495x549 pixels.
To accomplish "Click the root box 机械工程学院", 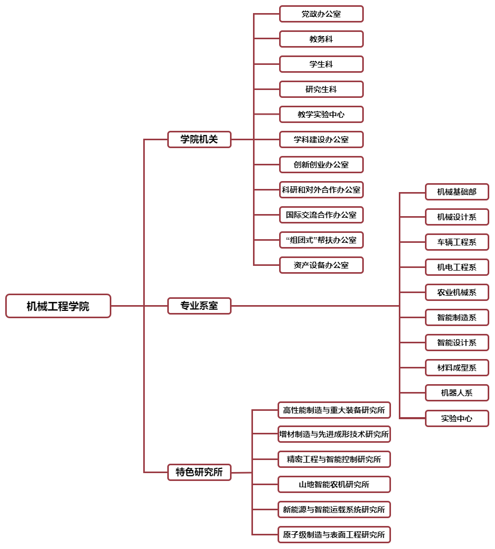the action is (59, 306).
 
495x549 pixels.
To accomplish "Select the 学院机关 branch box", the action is (199, 139).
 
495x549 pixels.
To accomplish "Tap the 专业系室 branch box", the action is (199, 306).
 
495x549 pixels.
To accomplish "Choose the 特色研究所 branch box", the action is (199, 472).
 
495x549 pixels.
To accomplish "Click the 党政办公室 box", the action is (321, 14).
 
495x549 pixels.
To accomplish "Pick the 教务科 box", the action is (321, 39).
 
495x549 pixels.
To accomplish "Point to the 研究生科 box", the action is (321, 89).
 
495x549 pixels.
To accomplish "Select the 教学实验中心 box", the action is (321, 115).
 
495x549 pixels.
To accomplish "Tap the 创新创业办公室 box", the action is (321, 164).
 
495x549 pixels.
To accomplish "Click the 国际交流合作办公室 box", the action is (321, 215).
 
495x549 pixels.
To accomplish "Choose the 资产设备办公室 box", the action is (321, 265).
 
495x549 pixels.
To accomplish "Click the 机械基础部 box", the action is (457, 192).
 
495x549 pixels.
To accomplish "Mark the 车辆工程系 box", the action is (457, 242).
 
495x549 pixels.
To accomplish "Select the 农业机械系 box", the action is (457, 293).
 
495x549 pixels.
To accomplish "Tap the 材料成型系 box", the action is (457, 367).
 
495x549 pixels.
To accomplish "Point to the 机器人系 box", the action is (457, 393).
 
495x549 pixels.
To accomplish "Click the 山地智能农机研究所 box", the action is (334, 485).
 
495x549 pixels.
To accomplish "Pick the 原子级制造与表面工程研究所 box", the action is (334, 535).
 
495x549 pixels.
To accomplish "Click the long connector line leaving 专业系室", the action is (315, 306).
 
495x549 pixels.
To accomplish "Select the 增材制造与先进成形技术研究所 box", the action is (334, 434).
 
